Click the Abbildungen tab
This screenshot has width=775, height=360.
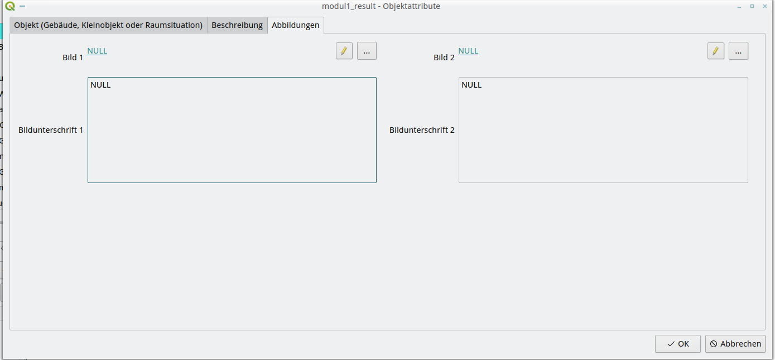[x=295, y=25]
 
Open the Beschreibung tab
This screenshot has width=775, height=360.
[x=237, y=25]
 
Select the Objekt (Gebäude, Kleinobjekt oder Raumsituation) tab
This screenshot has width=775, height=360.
[x=108, y=25]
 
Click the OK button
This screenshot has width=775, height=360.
[x=677, y=344]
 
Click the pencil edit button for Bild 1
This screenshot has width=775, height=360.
[x=344, y=51]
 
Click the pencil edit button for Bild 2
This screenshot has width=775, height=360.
[x=715, y=51]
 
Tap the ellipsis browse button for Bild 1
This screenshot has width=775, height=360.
[x=367, y=51]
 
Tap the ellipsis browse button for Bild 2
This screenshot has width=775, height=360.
[x=738, y=51]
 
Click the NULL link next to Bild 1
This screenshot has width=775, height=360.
[x=97, y=51]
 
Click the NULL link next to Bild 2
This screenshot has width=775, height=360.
[x=468, y=51]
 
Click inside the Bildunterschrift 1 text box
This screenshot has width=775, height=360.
[x=232, y=130]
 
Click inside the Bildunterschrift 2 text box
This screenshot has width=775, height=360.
[x=603, y=130]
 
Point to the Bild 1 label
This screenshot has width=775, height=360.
[x=73, y=57]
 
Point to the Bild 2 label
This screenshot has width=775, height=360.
[x=444, y=57]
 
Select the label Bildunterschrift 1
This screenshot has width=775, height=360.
[x=51, y=130]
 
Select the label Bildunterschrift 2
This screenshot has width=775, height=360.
[x=422, y=130]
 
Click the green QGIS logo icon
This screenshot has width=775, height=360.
[x=9, y=6]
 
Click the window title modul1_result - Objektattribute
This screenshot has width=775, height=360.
[x=381, y=6]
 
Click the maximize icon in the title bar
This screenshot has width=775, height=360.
[x=752, y=6]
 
